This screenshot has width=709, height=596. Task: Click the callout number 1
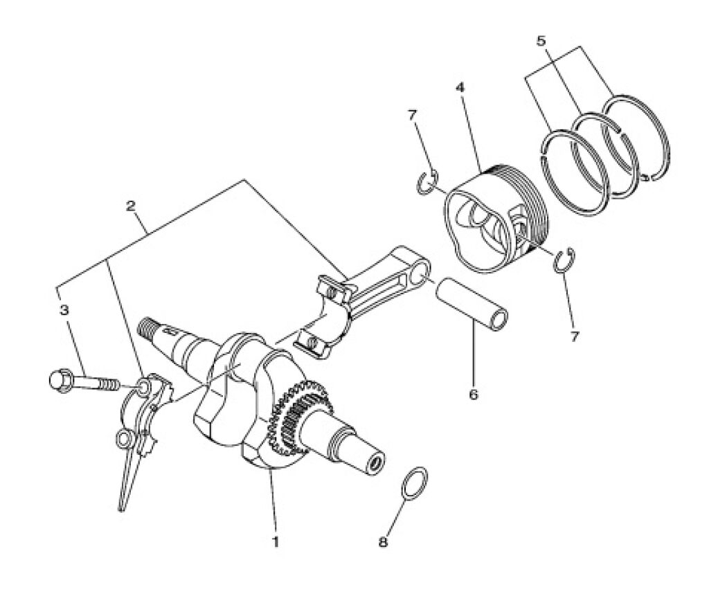[x=274, y=541]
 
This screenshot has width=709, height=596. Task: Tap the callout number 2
[x=130, y=206]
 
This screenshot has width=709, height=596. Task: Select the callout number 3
[x=64, y=310]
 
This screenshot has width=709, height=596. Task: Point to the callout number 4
[x=460, y=87]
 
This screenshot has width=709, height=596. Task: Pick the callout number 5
[x=541, y=41]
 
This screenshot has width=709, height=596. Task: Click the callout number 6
[x=474, y=395]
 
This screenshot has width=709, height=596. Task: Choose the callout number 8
[x=383, y=542]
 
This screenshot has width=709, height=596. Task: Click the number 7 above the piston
[x=411, y=115]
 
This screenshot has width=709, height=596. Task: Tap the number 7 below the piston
[x=574, y=337]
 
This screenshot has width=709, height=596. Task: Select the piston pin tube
[x=471, y=304]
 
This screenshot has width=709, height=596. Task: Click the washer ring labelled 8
[x=413, y=482]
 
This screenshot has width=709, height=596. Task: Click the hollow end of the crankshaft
[x=375, y=462]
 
